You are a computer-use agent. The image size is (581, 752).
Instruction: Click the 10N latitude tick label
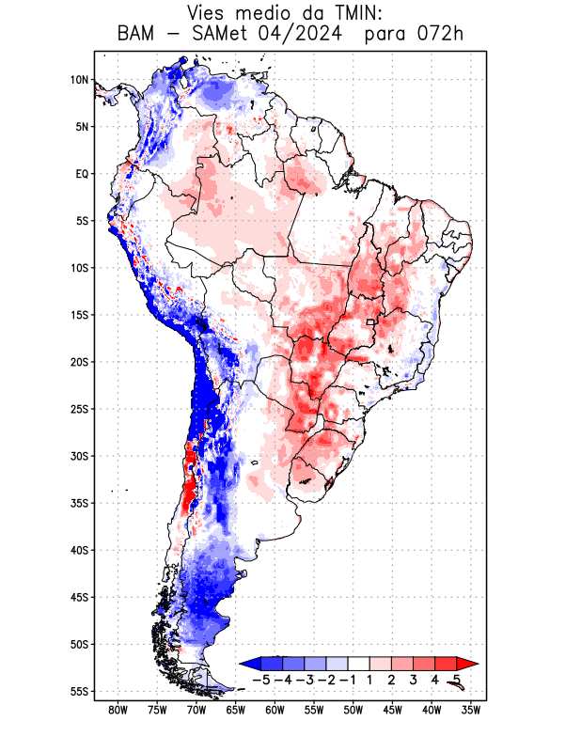click(79, 80)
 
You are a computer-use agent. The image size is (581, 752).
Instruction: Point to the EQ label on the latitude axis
click(82, 174)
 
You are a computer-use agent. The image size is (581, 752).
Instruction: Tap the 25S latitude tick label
click(79, 409)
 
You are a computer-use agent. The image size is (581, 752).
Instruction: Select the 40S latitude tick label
click(79, 550)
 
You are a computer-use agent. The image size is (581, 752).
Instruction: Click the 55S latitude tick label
click(79, 691)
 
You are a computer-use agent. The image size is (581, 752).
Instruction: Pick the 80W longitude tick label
click(118, 711)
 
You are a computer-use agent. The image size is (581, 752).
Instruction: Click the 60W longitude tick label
click(275, 711)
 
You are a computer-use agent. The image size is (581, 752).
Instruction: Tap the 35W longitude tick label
click(472, 711)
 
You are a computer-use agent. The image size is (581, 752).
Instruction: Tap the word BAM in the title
click(139, 36)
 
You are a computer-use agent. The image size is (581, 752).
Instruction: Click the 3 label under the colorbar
click(413, 679)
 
